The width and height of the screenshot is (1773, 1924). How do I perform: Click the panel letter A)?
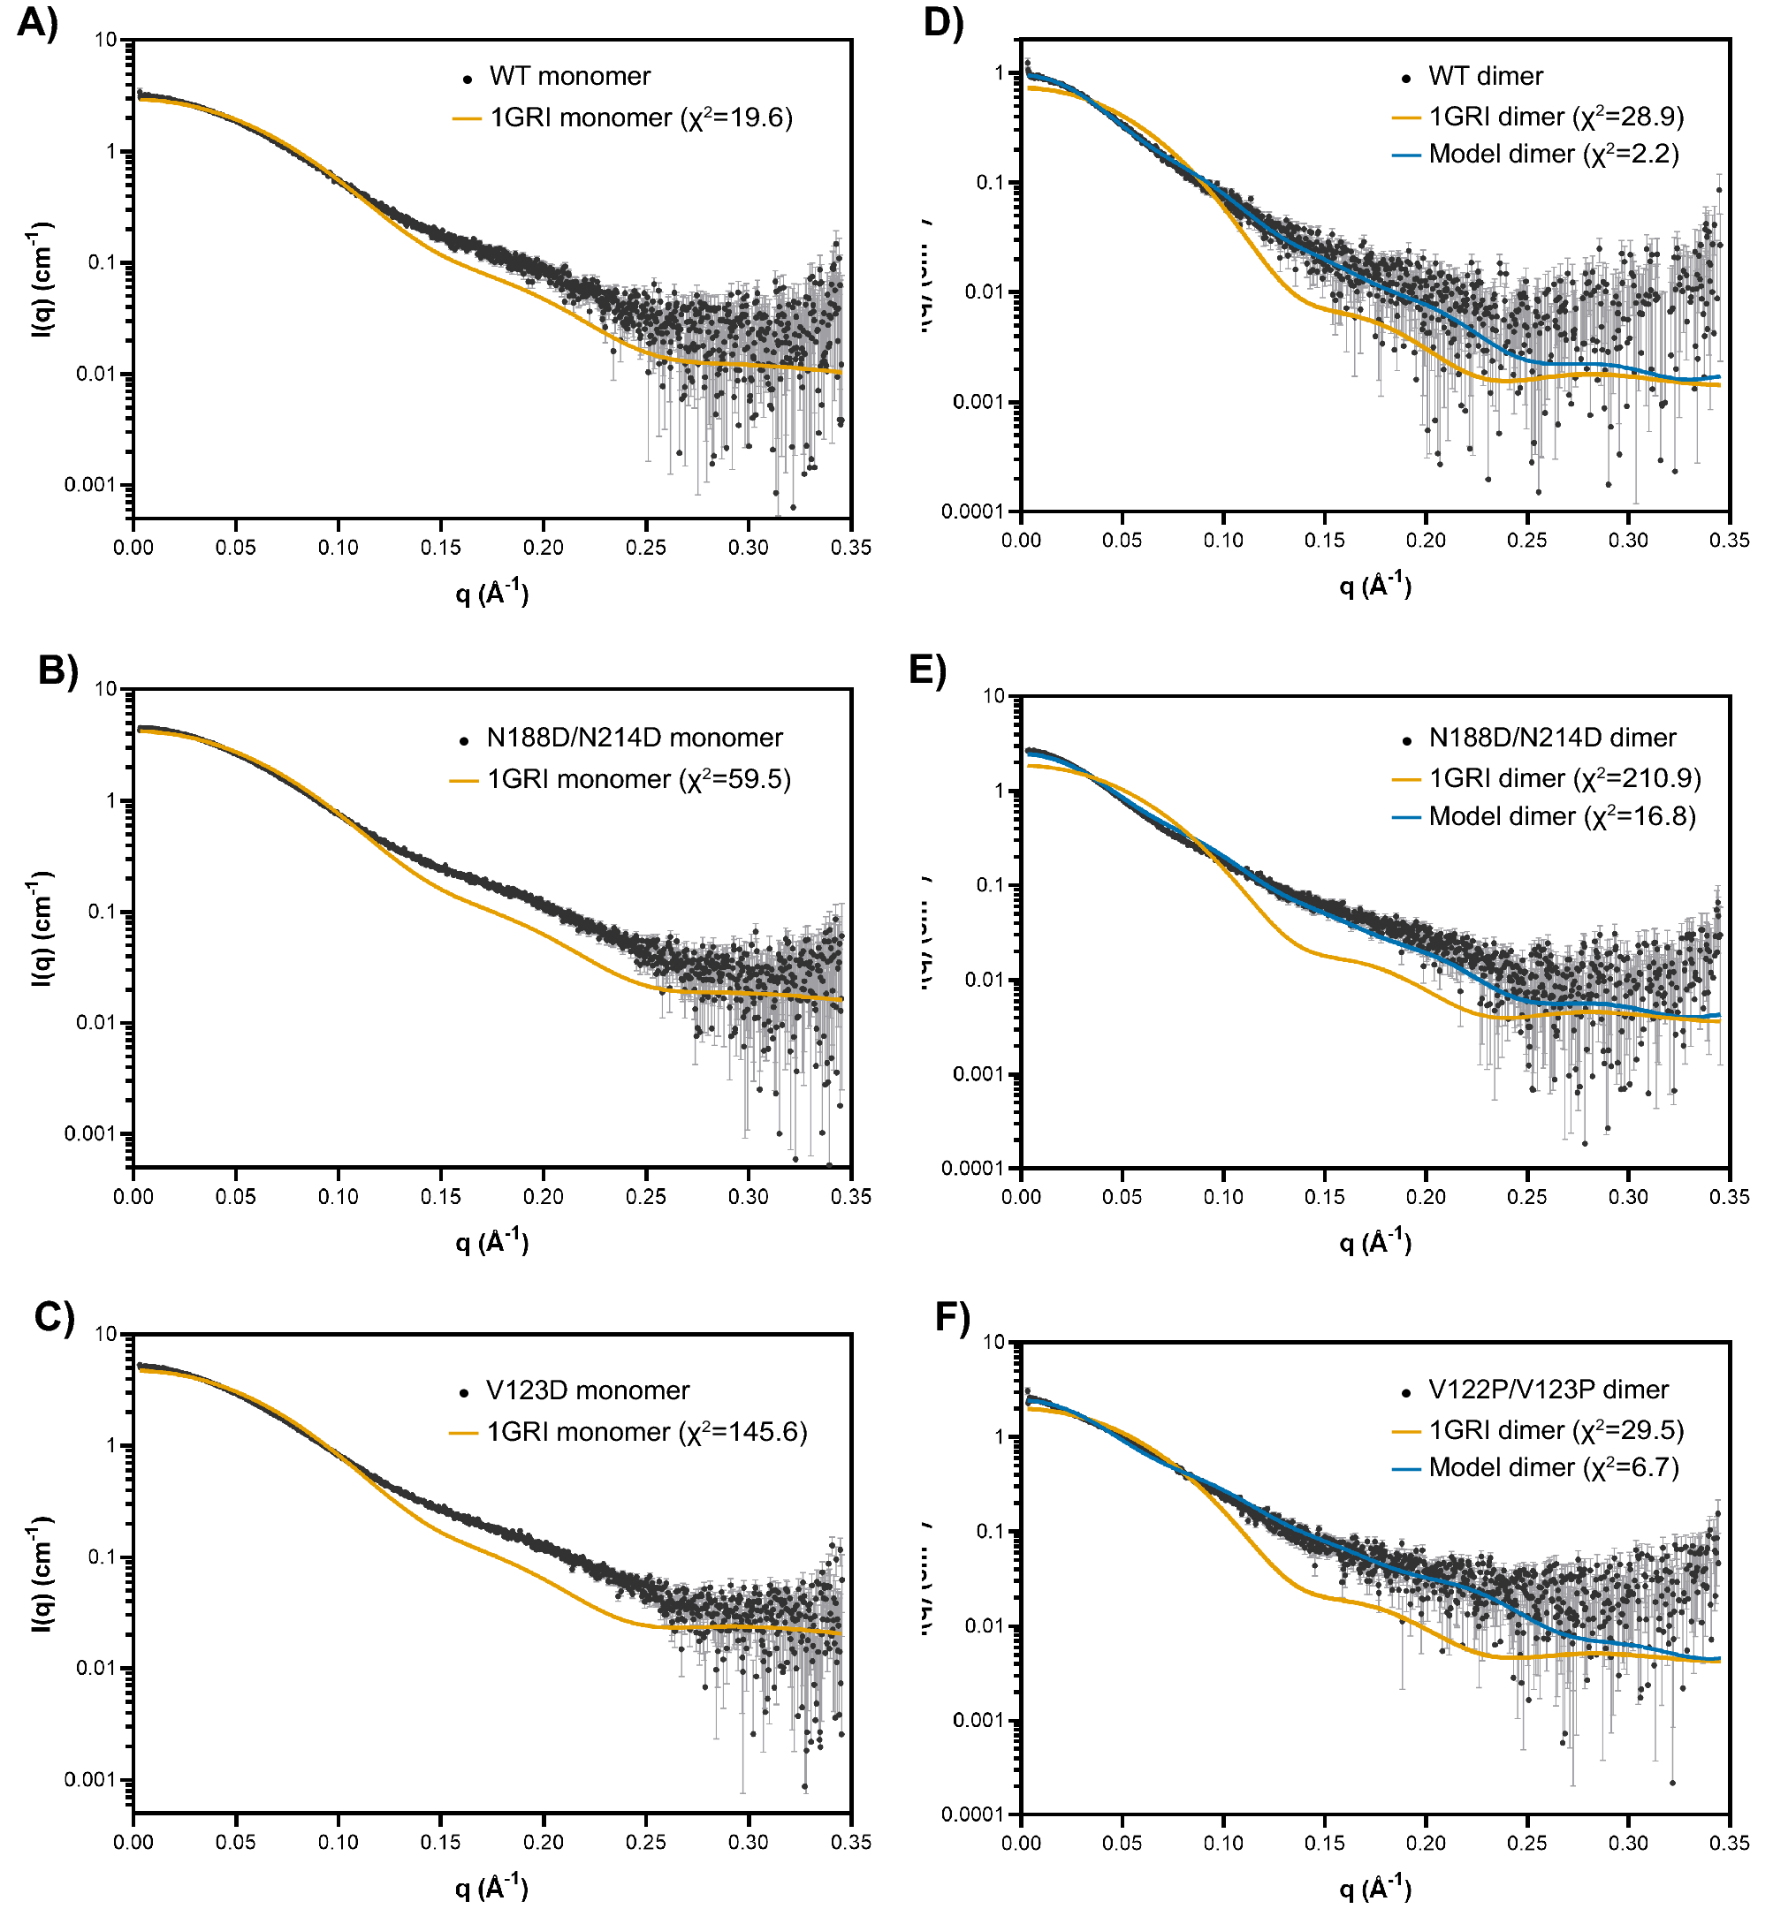pos(37,21)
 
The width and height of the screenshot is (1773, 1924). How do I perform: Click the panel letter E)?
pos(927,670)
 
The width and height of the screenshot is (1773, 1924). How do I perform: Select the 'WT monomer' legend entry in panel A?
pos(569,76)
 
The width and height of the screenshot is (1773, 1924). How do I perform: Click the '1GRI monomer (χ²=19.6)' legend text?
pos(640,118)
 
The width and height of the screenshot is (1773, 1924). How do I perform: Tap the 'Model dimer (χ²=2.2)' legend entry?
pos(1552,155)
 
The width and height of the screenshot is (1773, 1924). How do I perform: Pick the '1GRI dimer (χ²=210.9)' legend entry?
pos(1564,778)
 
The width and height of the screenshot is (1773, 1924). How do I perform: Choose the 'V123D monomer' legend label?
pos(587,1390)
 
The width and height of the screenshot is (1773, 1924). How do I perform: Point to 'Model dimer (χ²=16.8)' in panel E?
pos(1561,816)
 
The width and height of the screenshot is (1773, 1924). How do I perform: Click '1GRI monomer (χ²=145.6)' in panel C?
pos(646,1432)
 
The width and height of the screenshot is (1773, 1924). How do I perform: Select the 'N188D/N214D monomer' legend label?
pos(635,738)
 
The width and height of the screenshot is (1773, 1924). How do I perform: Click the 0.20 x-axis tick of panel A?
pos(543,548)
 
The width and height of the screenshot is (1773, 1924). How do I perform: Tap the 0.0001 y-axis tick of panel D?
pos(971,511)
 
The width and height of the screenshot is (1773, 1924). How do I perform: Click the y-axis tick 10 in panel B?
pos(105,689)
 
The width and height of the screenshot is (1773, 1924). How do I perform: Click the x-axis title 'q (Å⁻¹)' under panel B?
pos(491,1241)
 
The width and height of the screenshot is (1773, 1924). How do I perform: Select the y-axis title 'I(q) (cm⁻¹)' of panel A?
pos(42,278)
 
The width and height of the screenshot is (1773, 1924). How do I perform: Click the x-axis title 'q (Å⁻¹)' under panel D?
pos(1375,584)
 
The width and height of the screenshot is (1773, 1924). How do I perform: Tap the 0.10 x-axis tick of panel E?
pos(1223,1197)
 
